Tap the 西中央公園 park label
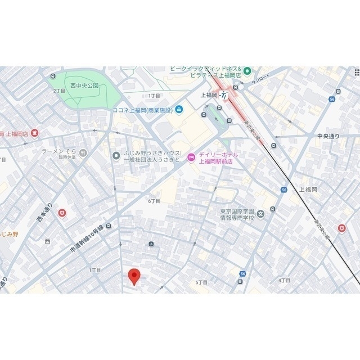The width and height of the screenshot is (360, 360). [84, 86]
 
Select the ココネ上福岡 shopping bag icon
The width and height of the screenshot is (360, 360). [179, 109]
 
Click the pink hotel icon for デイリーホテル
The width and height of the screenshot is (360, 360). [191, 158]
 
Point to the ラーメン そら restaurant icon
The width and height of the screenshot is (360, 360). [83, 152]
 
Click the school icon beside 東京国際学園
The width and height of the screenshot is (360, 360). [273, 209]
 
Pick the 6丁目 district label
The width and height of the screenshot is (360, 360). [154, 201]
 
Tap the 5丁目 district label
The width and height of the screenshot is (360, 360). [201, 282]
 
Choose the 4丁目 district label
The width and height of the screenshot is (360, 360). [284, 280]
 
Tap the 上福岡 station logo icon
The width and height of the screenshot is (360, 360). [224, 95]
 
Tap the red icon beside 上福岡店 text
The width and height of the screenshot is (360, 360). [35, 133]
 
